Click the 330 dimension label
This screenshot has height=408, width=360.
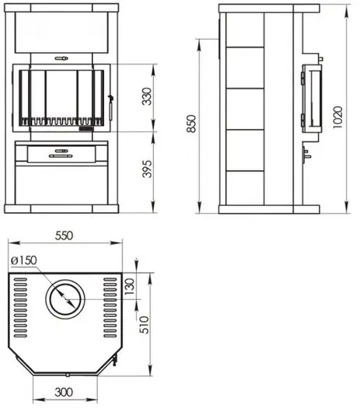coord(147,96)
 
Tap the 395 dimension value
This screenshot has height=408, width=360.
coord(147,169)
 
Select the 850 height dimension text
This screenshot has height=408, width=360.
coord(192,124)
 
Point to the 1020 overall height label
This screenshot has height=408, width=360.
coord(338,117)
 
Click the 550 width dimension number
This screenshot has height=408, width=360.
coord(64,235)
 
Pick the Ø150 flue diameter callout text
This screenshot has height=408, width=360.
coord(24,260)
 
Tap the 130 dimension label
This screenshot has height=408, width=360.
coord(130,287)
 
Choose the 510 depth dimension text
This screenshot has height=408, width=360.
coord(144,325)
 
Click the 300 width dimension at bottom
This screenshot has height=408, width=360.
coord(64,392)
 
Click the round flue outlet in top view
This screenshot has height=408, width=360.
coord(65,299)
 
